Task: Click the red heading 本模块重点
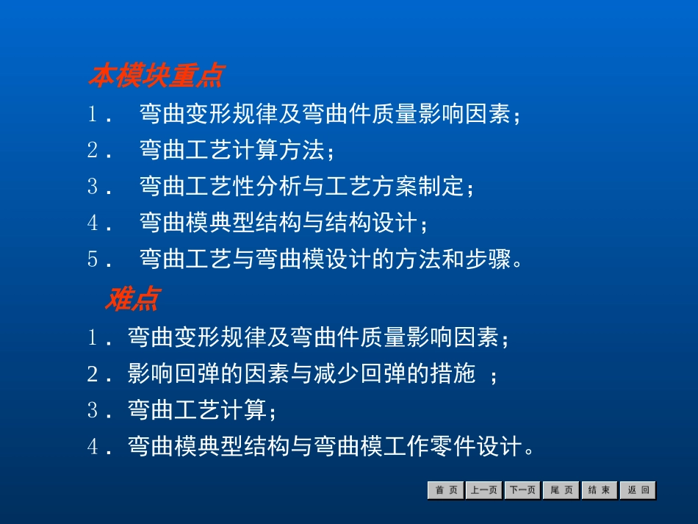pos(156,76)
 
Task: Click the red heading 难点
pos(132,299)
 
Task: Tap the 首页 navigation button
pos(445,490)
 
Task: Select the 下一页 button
pos(522,490)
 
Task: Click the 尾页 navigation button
pos(561,490)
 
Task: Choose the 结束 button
pos(600,490)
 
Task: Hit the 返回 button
pos(638,490)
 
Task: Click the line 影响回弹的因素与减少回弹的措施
pos(301,374)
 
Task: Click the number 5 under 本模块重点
pos(93,259)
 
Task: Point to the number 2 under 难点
pos(93,374)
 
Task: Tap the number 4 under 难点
pos(93,446)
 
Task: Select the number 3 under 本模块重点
pos(93,187)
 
